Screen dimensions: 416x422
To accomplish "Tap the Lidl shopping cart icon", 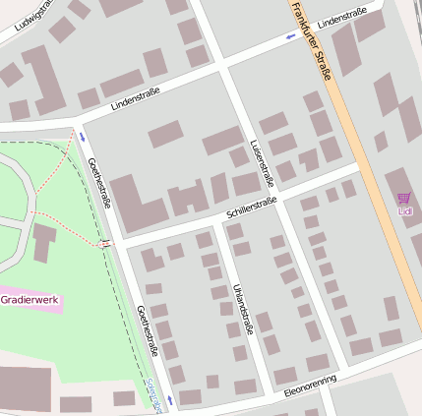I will click(403, 199).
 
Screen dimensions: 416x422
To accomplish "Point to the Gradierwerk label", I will click(30, 299).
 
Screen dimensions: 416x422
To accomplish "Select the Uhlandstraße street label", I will click(243, 306).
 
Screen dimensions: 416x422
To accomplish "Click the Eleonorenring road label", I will click(310, 386).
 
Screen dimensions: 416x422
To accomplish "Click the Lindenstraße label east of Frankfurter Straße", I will click(342, 17).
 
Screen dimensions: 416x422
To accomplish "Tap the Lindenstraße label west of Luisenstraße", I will click(135, 96).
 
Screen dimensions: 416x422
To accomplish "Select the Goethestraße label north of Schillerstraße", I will click(99, 183).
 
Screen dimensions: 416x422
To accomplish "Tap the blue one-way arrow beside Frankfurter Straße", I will click(290, 35).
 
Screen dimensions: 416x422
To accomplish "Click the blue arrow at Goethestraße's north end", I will click(82, 138).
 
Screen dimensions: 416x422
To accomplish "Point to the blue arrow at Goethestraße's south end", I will click(168, 400).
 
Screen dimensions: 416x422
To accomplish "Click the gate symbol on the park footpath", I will click(104, 243).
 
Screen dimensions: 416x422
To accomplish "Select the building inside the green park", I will click(44, 242).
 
